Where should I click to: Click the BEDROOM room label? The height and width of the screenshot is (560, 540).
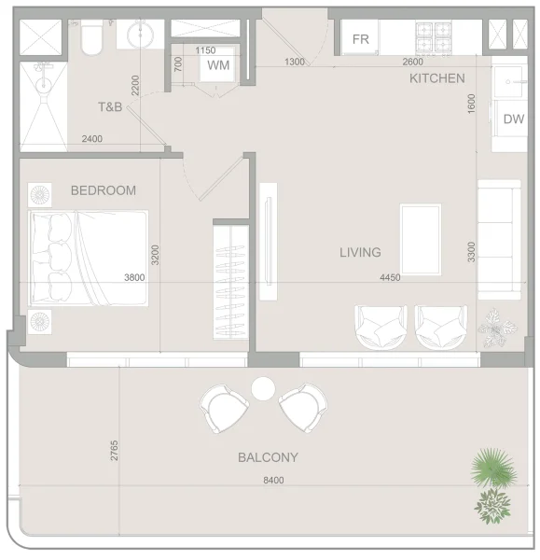(104, 190)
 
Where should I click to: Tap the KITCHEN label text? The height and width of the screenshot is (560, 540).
(436, 78)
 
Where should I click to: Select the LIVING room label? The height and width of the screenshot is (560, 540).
(360, 252)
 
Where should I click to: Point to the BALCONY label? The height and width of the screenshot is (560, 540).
(268, 457)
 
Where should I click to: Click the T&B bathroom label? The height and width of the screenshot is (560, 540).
(110, 107)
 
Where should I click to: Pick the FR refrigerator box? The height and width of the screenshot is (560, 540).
(361, 39)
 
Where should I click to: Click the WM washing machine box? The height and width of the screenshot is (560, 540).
(218, 65)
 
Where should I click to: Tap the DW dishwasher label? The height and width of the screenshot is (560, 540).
(513, 119)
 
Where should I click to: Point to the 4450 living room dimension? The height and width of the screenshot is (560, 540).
(390, 277)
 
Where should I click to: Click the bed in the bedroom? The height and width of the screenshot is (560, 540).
(89, 258)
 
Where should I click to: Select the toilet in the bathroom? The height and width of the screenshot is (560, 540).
(93, 35)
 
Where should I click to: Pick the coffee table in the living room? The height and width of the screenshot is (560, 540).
(421, 239)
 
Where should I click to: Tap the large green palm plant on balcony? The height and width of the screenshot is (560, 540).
(492, 467)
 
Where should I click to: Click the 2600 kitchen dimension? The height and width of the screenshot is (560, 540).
(411, 62)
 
